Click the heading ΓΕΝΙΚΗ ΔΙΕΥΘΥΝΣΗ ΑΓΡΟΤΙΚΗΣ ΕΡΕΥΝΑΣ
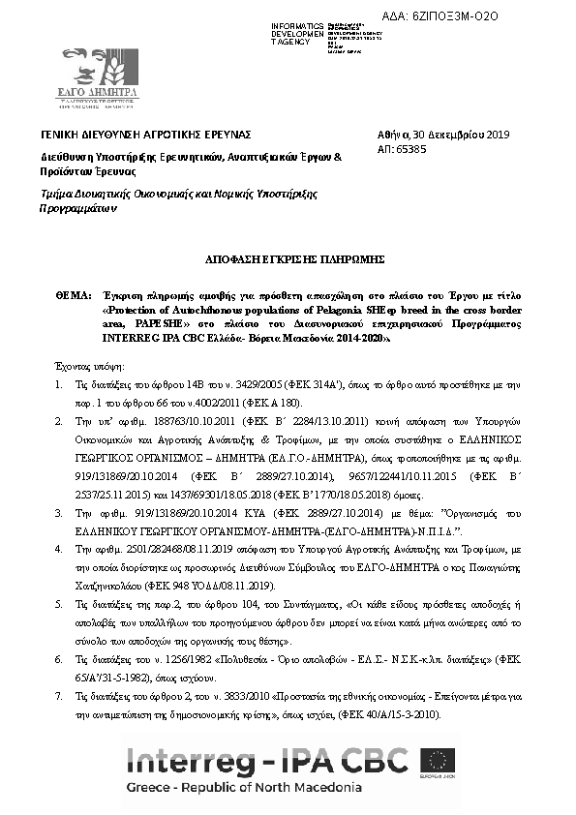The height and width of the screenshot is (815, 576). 145,135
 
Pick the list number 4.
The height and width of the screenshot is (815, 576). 59,549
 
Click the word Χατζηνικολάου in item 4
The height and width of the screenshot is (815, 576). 108,586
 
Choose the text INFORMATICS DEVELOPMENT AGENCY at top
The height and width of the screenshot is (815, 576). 298,34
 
